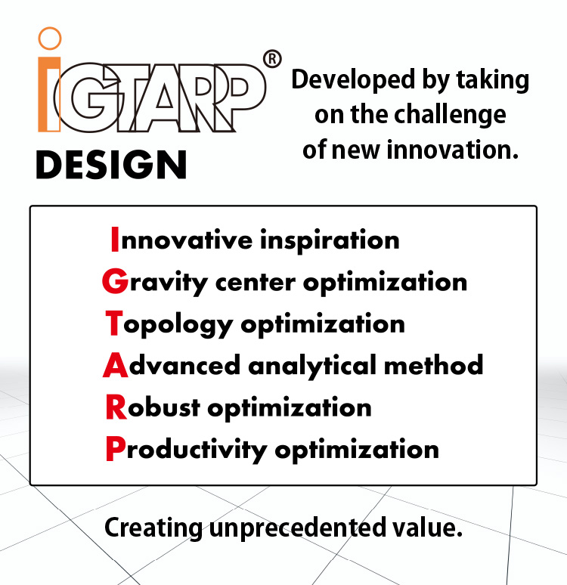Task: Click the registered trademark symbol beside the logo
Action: click(x=272, y=59)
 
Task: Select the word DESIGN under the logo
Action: click(x=111, y=165)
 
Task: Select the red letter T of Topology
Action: click(x=113, y=324)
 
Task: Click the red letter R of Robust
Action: click(x=115, y=407)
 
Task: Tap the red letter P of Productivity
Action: click(x=114, y=449)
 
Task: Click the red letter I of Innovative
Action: click(x=114, y=240)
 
